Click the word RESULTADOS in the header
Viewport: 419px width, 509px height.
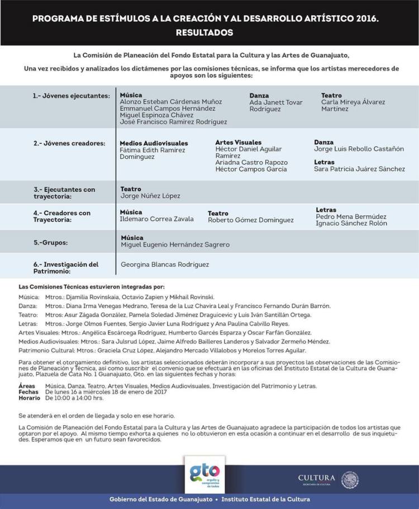pyautogui.click(x=204, y=33)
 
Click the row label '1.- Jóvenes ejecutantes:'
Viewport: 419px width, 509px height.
pyautogui.click(x=71, y=96)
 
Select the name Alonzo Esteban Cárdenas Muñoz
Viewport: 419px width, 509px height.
pyautogui.click(x=170, y=102)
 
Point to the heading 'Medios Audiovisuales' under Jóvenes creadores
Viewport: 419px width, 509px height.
pyautogui.click(x=154, y=143)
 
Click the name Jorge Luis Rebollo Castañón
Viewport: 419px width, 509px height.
pyautogui.click(x=359, y=149)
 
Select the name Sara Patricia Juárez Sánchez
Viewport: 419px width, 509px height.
pyautogui.click(x=359, y=169)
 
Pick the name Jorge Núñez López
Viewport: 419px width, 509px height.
pyautogui.click(x=150, y=196)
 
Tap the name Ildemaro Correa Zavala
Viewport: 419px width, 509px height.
pyautogui.click(x=156, y=219)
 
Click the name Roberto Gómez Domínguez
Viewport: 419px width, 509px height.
pyautogui.click(x=250, y=220)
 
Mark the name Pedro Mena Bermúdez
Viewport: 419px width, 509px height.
pyautogui.click(x=351, y=217)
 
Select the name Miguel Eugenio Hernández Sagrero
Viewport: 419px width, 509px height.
pyautogui.click(x=175, y=245)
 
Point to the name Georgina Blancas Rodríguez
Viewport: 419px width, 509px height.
pyautogui.click(x=165, y=265)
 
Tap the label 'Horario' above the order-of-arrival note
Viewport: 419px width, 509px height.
pyautogui.click(x=28, y=398)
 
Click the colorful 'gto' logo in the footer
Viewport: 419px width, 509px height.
pyautogui.click(x=204, y=473)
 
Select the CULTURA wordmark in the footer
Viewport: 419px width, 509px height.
pyautogui.click(x=317, y=478)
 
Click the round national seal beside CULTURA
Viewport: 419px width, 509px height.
pyautogui.click(x=350, y=480)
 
